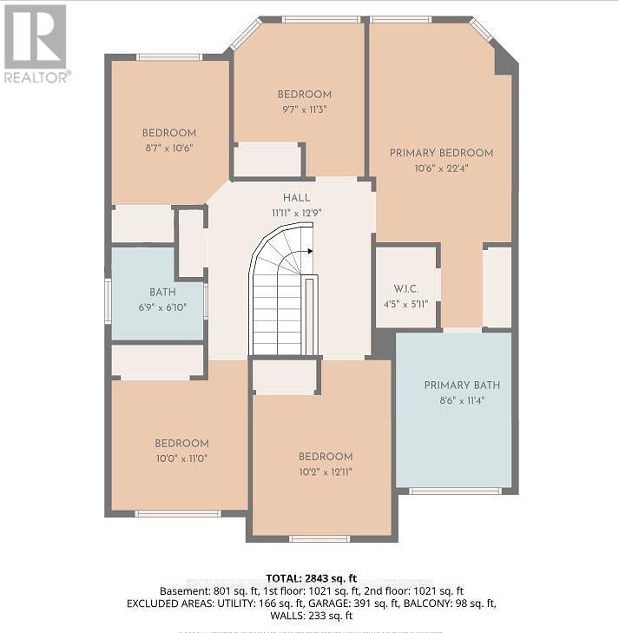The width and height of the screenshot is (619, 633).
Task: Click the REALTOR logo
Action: pos(36,43)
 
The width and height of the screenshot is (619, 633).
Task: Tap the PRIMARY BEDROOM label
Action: pos(441,153)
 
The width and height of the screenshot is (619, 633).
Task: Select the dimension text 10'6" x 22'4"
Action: pos(441,168)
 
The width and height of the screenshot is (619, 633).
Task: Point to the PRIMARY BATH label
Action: pos(462,386)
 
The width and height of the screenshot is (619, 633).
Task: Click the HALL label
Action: pos(296,198)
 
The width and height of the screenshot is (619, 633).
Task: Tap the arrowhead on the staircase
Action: pos(309,251)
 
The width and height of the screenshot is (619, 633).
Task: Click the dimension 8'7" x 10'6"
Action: pos(168,148)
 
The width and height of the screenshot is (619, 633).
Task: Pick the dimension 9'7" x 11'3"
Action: pos(303,109)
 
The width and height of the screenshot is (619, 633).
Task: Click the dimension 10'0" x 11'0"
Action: pos(181,458)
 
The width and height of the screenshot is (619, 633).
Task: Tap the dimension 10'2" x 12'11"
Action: pos(326,471)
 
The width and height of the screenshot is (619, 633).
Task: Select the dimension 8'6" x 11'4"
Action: pos(462,400)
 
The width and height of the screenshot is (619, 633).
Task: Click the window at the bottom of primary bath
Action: pos(455,491)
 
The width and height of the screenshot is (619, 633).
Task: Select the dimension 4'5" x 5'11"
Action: pos(405,304)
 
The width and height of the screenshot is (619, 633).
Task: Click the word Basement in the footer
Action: pos(181,590)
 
